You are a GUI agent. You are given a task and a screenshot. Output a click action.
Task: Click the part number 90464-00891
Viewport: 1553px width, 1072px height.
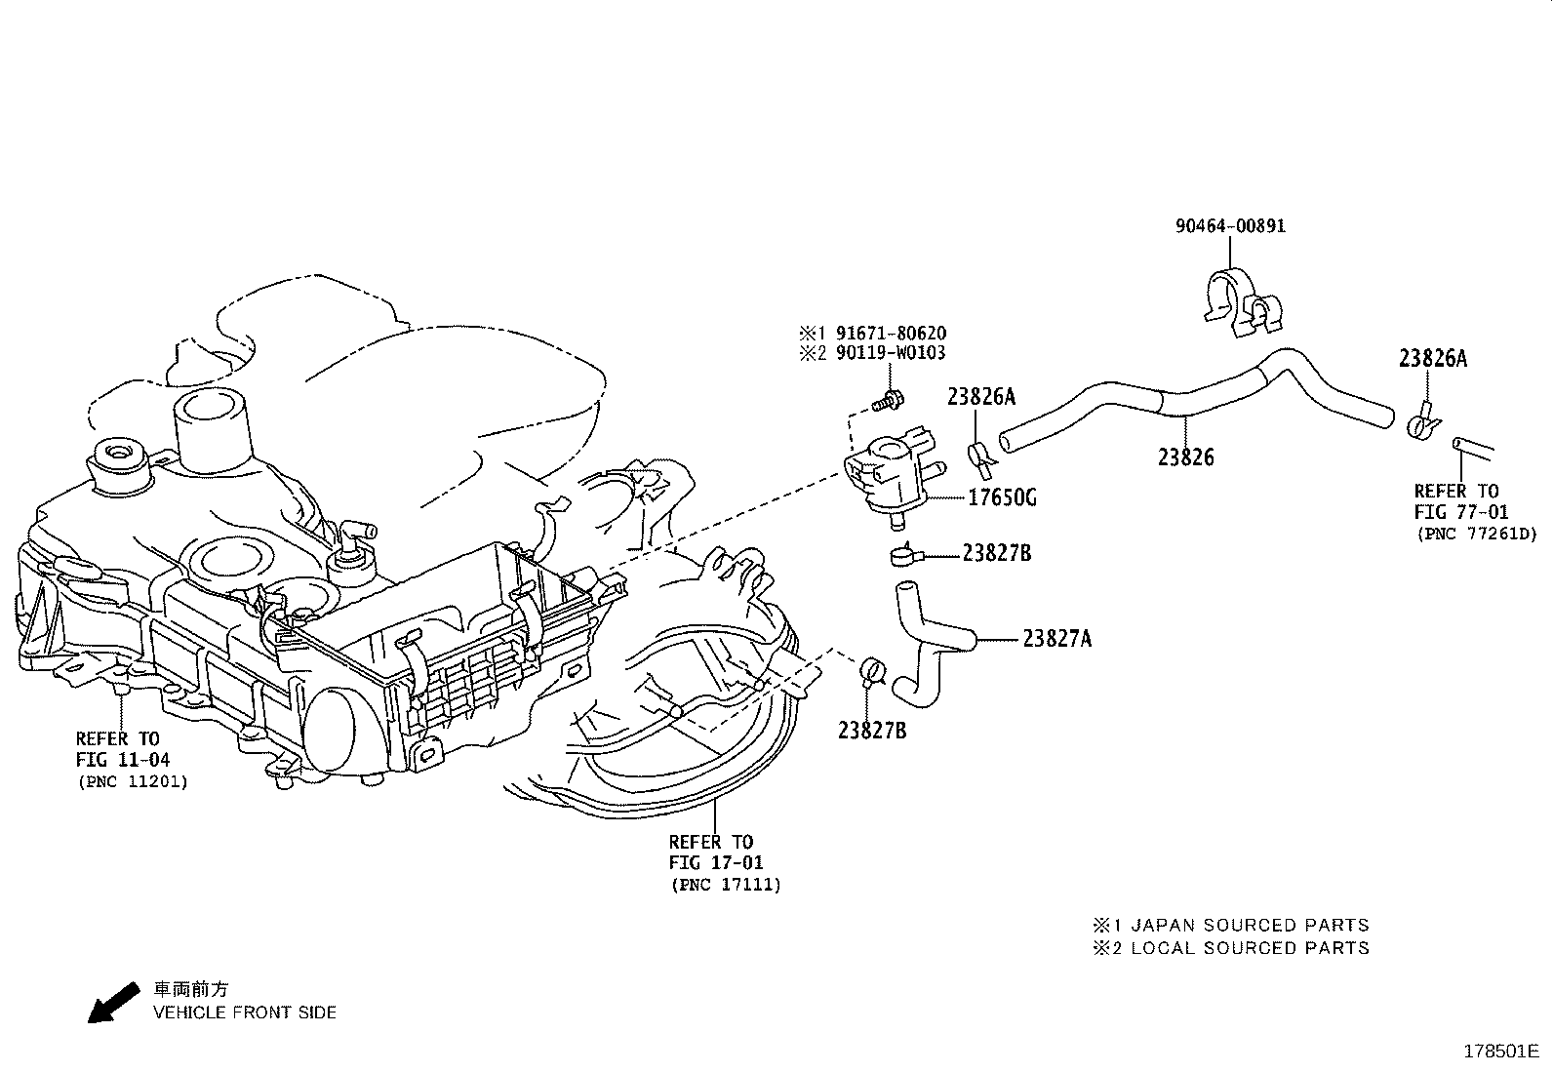click(1230, 226)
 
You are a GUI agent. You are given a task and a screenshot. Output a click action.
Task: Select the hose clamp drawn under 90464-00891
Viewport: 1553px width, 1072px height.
click(1236, 303)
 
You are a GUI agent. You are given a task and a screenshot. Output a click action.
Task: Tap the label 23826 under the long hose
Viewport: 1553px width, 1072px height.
click(1186, 457)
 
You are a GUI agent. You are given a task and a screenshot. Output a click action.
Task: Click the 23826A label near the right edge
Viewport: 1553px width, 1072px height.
click(1432, 358)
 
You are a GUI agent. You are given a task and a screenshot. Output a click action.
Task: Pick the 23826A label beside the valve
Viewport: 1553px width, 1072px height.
click(981, 396)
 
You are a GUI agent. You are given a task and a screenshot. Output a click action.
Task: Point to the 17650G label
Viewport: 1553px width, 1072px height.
click(1002, 498)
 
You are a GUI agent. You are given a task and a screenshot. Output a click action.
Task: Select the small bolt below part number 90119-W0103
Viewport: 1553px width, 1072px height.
click(889, 398)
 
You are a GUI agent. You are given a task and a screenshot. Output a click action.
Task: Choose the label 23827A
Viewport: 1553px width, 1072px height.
click(1056, 639)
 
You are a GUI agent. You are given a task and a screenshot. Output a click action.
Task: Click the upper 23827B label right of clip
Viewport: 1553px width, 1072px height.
click(996, 553)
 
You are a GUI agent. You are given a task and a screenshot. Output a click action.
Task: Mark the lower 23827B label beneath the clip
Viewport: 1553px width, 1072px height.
click(871, 730)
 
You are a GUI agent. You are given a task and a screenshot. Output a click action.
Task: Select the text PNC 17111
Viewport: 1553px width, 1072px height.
click(726, 886)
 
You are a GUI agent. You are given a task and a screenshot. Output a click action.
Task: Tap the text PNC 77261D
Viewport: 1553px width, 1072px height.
click(1476, 534)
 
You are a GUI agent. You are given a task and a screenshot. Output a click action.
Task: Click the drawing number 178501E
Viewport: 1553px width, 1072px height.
click(1500, 1052)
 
